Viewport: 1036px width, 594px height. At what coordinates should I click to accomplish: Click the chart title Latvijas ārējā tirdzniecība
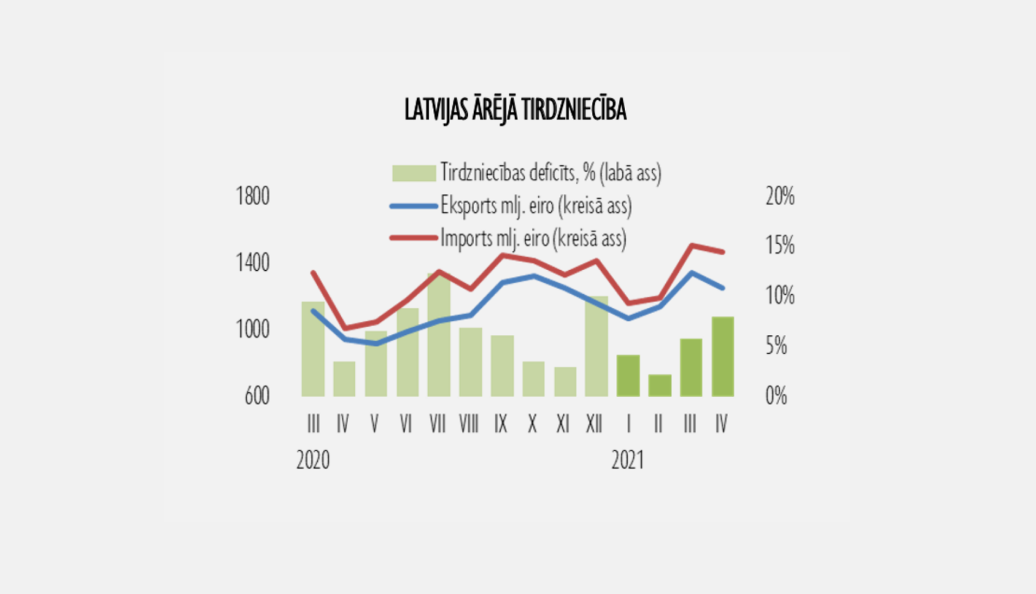tap(516, 109)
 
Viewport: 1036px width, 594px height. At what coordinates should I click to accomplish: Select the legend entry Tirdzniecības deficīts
tap(527, 173)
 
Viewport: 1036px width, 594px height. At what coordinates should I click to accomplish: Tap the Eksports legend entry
tap(511, 206)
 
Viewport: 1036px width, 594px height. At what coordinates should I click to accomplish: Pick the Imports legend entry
tap(508, 239)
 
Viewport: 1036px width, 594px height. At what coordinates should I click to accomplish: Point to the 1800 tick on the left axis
tap(253, 195)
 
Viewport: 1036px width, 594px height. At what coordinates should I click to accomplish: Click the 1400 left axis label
tap(253, 262)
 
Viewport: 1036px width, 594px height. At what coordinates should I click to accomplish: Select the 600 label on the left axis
tap(257, 396)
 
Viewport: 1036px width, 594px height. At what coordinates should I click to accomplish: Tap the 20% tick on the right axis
tap(780, 195)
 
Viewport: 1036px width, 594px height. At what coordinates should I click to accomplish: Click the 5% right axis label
tap(776, 345)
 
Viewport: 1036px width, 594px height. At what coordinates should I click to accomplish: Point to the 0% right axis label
tap(776, 396)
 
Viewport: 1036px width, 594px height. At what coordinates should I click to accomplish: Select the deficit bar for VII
tap(439, 335)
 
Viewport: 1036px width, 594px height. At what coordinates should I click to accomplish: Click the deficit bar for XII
tap(596, 347)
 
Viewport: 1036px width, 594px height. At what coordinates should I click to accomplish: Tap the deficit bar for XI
tap(565, 382)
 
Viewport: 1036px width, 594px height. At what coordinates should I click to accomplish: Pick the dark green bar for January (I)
tap(628, 376)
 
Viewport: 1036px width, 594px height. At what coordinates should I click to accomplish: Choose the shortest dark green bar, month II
tap(660, 385)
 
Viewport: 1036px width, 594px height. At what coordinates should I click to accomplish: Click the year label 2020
tap(313, 460)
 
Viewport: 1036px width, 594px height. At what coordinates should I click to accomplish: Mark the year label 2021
tap(628, 460)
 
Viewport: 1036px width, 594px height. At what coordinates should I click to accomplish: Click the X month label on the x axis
tap(533, 423)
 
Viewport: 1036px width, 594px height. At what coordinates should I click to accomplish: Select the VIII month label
tap(469, 423)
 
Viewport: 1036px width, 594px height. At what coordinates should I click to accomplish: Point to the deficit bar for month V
tap(376, 363)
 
